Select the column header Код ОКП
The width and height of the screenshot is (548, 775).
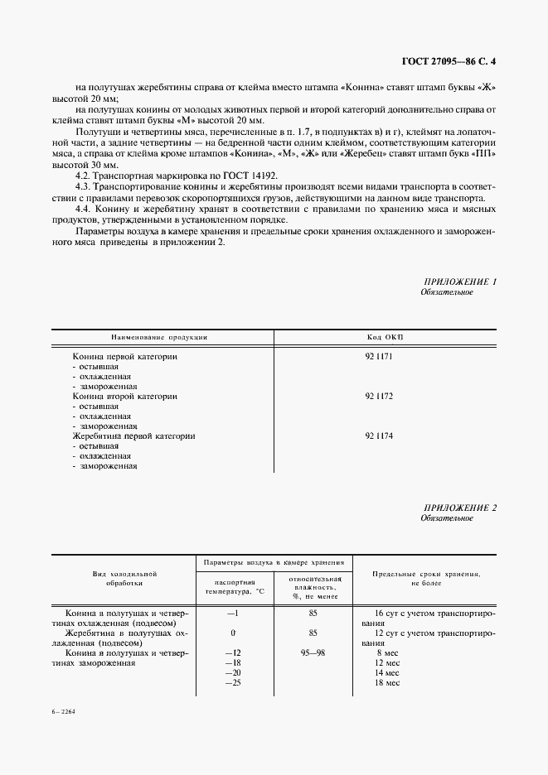[384, 338]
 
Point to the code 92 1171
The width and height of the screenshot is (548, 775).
[378, 356]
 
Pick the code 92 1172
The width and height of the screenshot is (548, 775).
[378, 397]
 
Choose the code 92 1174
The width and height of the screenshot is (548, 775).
[378, 436]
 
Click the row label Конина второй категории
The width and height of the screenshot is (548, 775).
[125, 397]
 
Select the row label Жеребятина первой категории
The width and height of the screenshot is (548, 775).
[133, 436]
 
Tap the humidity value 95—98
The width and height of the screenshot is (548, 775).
[313, 653]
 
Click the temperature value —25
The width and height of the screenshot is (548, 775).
[232, 683]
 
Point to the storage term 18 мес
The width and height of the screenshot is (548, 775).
[387, 683]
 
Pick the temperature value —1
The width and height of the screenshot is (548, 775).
[232, 614]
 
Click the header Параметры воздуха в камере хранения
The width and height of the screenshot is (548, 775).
[273, 562]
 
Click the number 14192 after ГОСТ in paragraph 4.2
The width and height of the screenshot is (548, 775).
[260, 176]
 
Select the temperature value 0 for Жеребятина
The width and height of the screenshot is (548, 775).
[233, 633]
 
